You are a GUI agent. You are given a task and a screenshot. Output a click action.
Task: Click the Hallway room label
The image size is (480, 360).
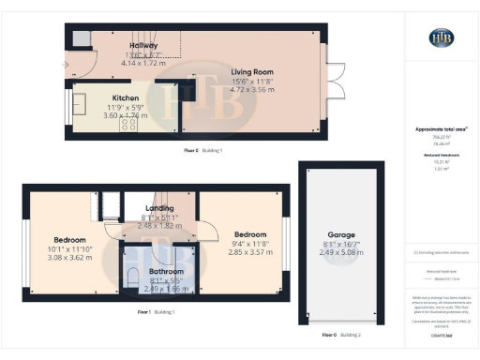(143, 46)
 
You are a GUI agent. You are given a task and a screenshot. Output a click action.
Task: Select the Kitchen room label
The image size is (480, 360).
(126, 97)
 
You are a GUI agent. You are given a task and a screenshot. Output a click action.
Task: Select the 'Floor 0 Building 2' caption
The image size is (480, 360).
(339, 335)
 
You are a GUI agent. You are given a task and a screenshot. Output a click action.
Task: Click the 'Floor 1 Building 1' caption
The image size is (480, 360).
(156, 310)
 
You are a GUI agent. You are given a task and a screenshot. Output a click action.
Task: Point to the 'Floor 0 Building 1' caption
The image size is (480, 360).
(203, 149)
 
